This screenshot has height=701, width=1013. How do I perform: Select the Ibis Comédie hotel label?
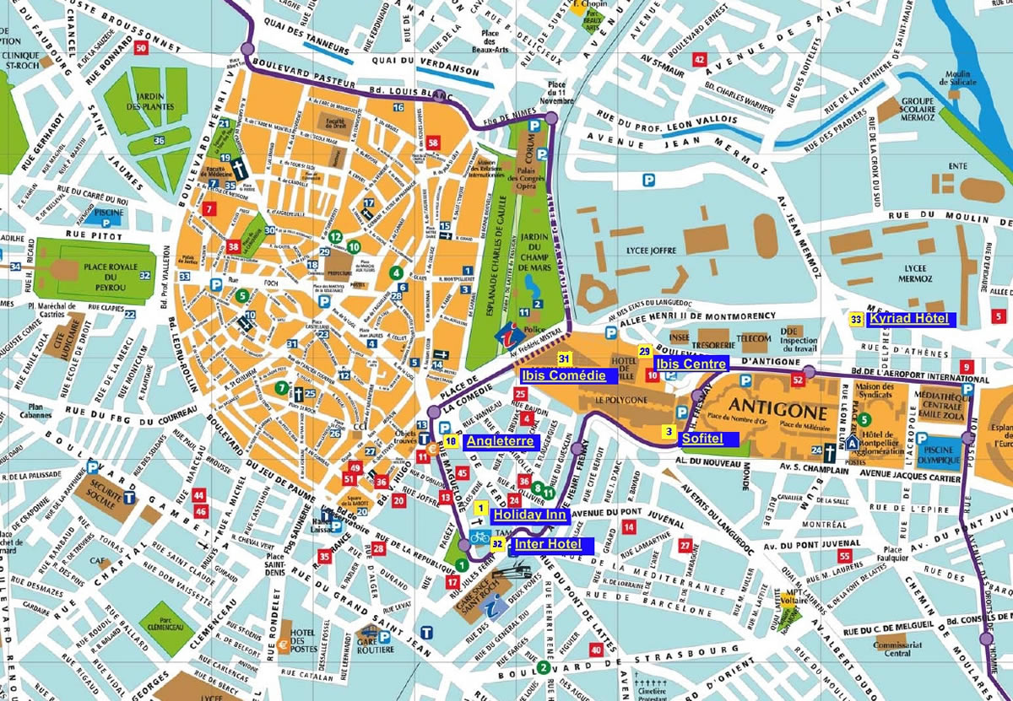point(563,376)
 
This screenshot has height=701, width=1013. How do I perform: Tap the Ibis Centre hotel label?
point(690,364)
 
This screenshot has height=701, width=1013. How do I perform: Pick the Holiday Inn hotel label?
point(518,515)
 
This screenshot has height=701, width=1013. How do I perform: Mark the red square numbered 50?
point(141,48)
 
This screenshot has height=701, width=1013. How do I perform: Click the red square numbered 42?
point(698,59)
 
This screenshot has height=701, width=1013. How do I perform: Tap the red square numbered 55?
point(845,556)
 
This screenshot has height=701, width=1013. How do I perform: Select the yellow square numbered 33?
point(856,320)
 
